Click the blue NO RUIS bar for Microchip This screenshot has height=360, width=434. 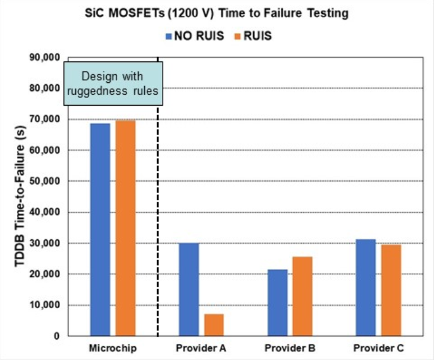tap(100, 229)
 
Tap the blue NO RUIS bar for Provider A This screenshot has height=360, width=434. tap(189, 289)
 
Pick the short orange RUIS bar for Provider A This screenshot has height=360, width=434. tap(214, 325)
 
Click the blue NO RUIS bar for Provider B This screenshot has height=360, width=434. tap(277, 302)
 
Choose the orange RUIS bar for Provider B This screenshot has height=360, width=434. tap(302, 296)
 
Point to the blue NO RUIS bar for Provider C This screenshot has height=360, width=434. tap(365, 287)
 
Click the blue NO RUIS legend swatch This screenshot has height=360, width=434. tap(169, 36)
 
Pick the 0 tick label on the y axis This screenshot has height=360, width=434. tap(56, 336)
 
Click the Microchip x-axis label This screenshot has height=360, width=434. tap(113, 349)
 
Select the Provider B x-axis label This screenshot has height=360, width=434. tap(290, 349)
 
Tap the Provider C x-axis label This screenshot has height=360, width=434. tap(378, 349)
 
